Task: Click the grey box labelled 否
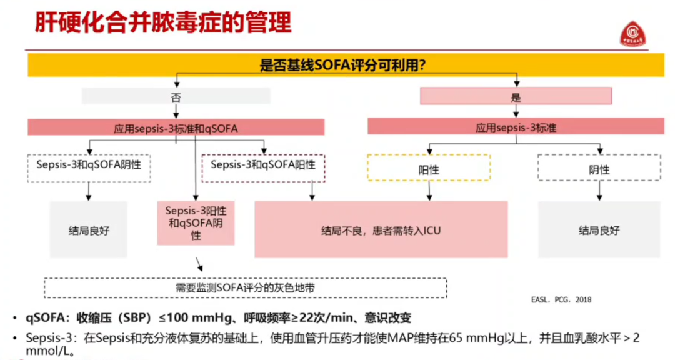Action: pyautogui.click(x=176, y=96)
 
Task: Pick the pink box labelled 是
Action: pyautogui.click(x=516, y=96)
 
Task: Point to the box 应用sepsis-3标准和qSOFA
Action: pyautogui.click(x=176, y=127)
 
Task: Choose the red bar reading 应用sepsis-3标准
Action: pyautogui.click(x=516, y=127)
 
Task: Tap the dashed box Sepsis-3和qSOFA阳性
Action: pyautogui.click(x=263, y=166)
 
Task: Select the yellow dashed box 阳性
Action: pyautogui.click(x=429, y=167)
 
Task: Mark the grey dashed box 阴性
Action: pyautogui.click(x=599, y=167)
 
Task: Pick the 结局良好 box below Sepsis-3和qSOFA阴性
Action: pyautogui.click(x=89, y=229)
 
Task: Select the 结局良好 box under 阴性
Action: pyautogui.click(x=599, y=229)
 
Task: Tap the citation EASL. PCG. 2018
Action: pyautogui.click(x=562, y=300)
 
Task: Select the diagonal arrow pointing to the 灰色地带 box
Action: pyautogui.click(x=200, y=264)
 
